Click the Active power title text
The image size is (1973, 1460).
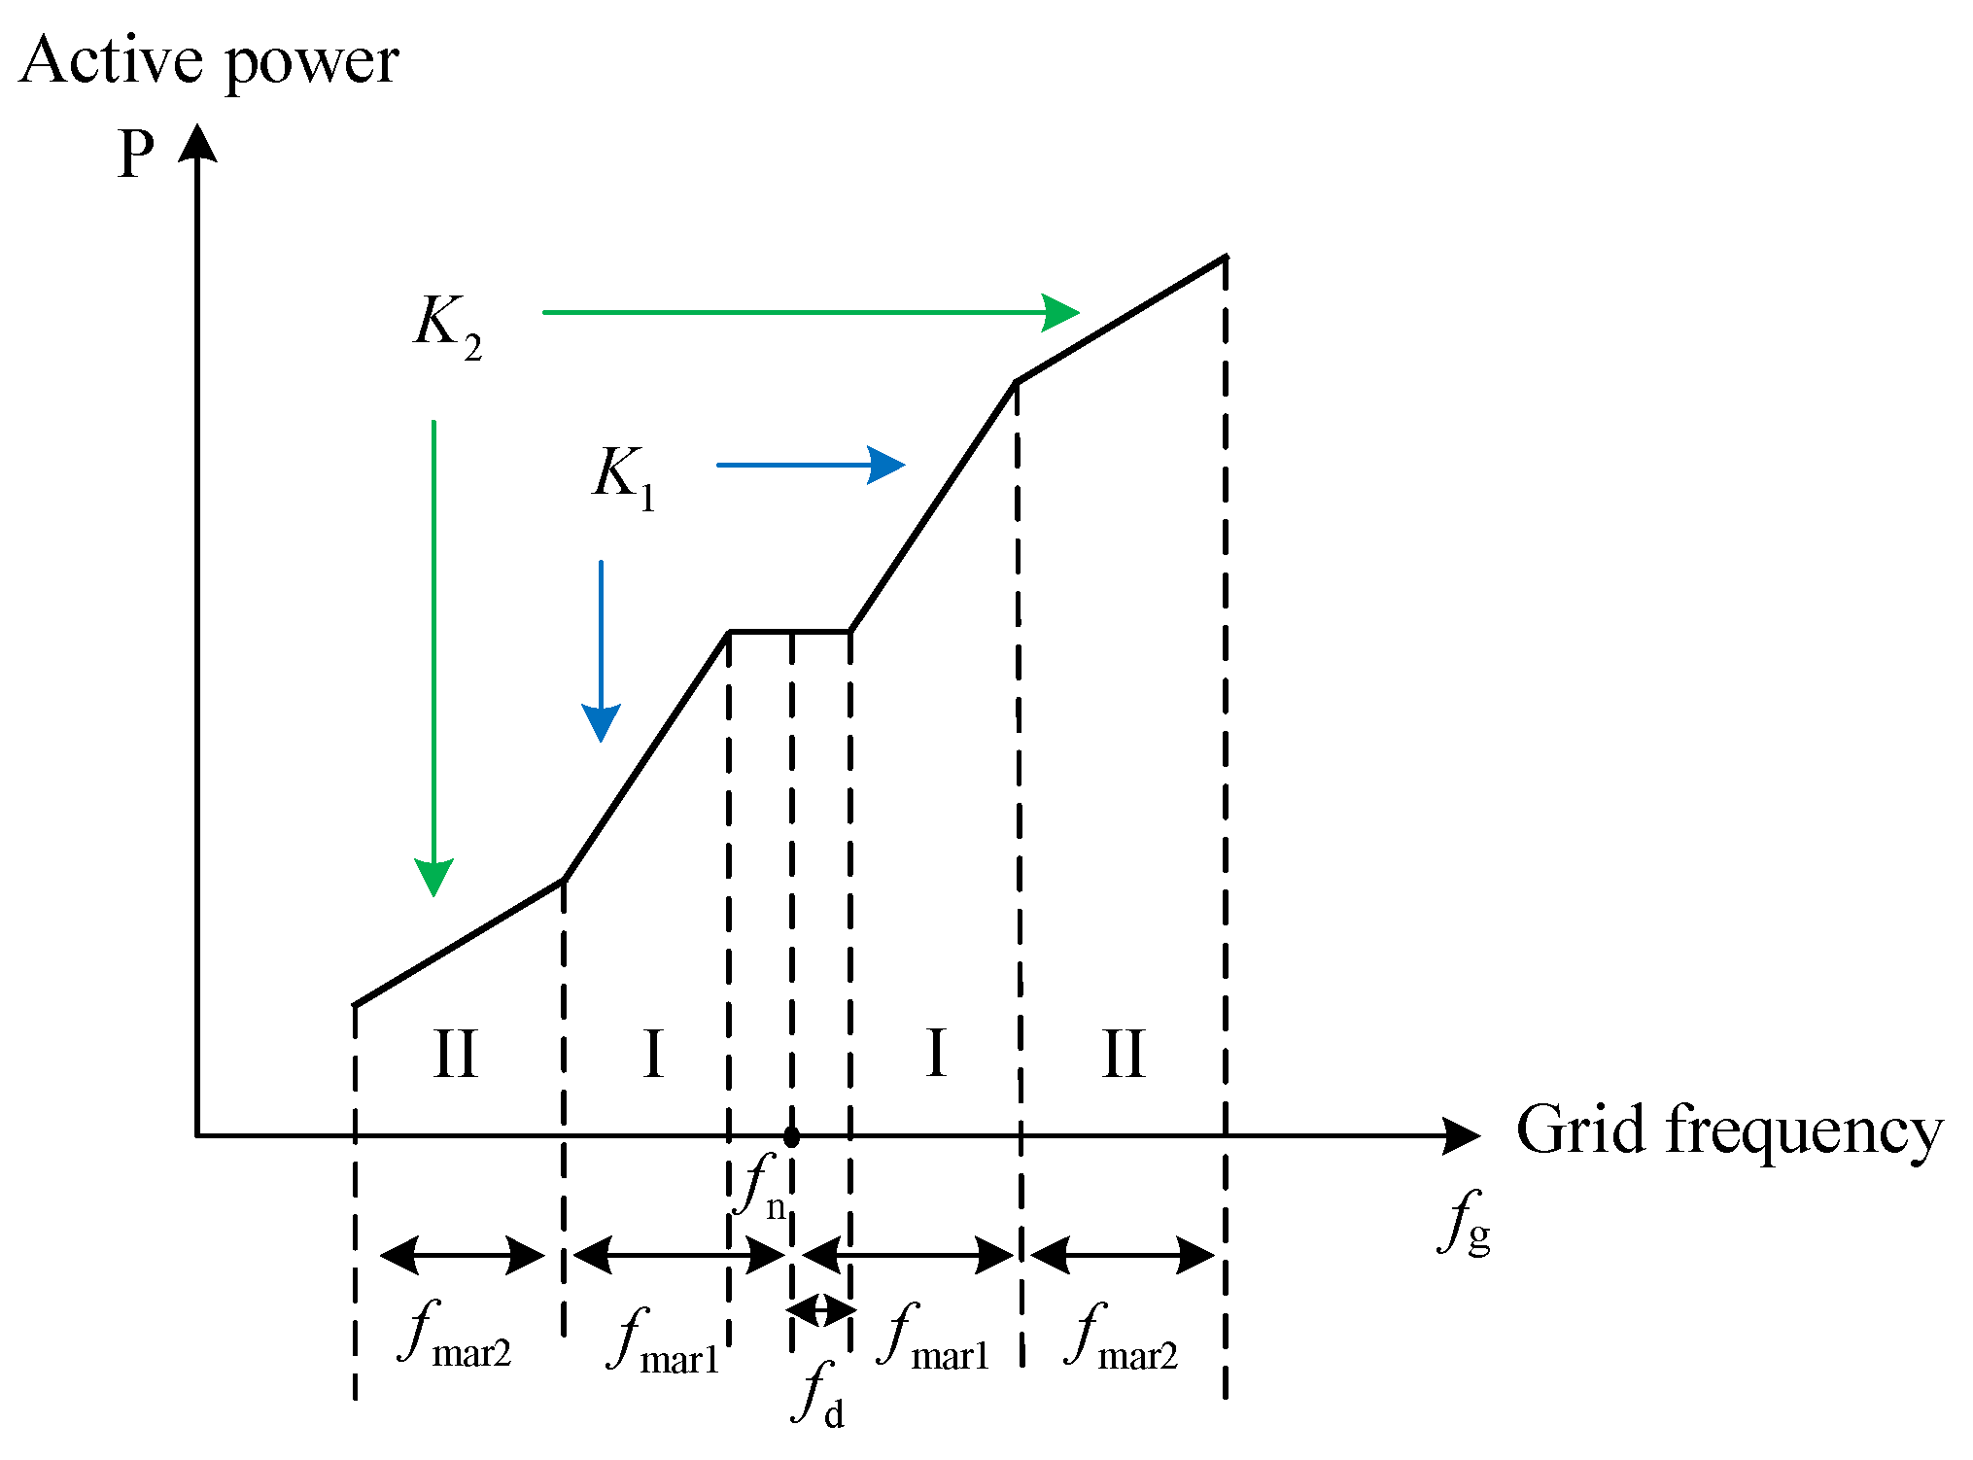[x=208, y=62]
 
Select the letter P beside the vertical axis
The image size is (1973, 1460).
[x=136, y=153]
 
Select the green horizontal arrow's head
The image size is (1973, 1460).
[x=1061, y=312]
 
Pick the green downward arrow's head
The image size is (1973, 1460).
[x=433, y=877]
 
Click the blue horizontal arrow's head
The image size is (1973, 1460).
[x=886, y=465]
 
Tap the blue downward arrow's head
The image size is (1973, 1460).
[x=601, y=722]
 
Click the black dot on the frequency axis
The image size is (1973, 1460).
[x=791, y=1136]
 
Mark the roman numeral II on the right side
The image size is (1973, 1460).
[x=1124, y=1055]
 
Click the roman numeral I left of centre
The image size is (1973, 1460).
[x=653, y=1055]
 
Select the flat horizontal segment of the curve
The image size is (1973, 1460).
[x=789, y=632]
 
